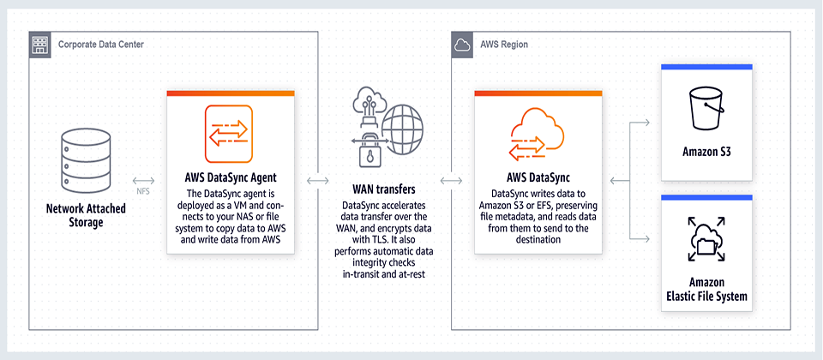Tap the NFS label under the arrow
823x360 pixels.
click(x=143, y=191)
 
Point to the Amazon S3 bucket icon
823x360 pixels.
click(x=706, y=109)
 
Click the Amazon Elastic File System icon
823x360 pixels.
click(x=706, y=239)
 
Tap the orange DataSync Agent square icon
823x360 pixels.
click(x=229, y=134)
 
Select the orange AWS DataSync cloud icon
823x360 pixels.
click(x=538, y=134)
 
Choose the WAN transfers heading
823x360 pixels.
click(x=385, y=188)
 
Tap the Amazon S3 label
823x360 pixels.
click(x=706, y=153)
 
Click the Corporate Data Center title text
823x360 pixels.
click(x=101, y=45)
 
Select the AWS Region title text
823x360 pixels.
click(x=504, y=45)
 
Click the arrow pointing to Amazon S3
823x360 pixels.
click(x=640, y=123)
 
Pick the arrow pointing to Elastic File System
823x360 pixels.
click(x=640, y=239)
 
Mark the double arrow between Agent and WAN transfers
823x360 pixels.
click(x=317, y=181)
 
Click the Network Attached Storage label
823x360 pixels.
click(x=86, y=215)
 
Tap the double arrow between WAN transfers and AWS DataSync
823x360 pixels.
click(x=452, y=181)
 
